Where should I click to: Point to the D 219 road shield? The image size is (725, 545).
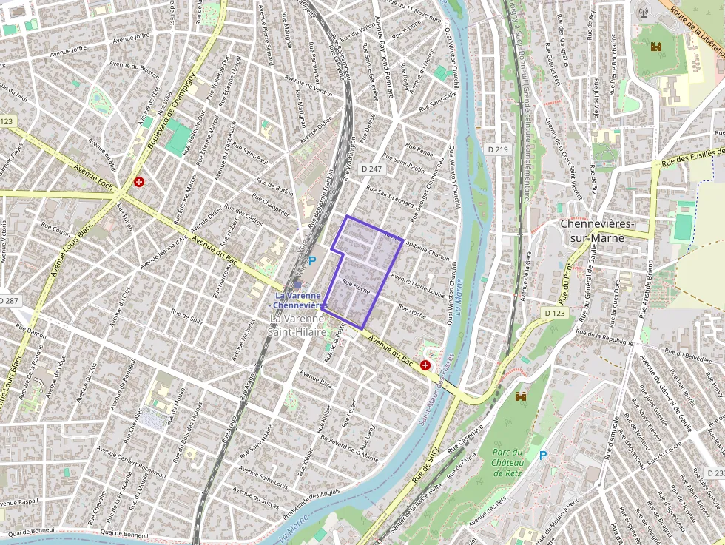(x=499, y=149)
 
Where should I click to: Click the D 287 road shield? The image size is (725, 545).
(x=9, y=301)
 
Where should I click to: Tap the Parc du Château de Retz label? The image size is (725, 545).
(x=508, y=463)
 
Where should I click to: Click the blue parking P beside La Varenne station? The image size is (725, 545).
(x=312, y=260)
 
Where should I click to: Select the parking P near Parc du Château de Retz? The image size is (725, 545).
(x=544, y=456)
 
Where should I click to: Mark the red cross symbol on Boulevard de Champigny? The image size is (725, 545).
(x=138, y=181)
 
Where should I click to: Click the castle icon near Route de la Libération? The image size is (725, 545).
(x=655, y=47)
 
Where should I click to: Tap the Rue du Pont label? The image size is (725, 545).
(x=566, y=285)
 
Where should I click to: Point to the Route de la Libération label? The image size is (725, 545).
(x=695, y=22)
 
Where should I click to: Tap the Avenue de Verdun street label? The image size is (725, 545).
(x=308, y=87)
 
